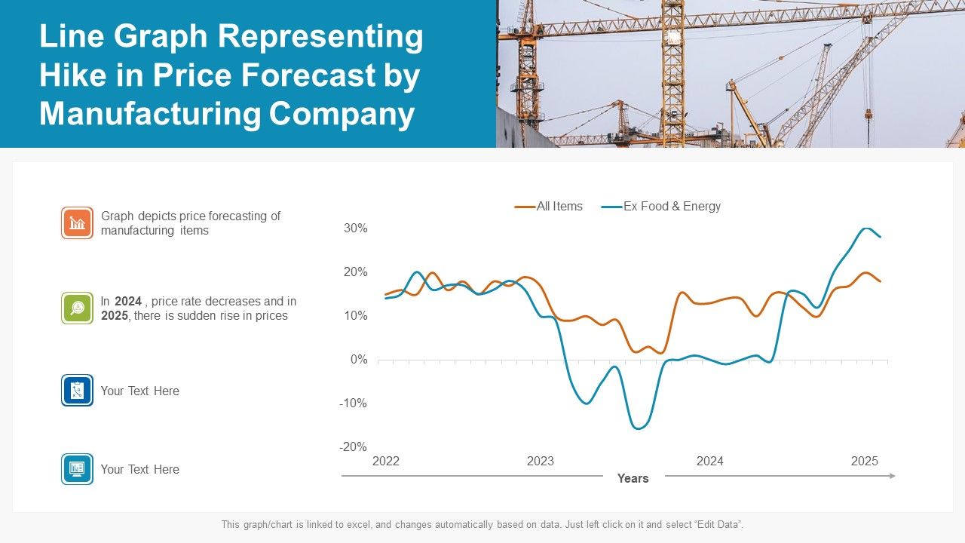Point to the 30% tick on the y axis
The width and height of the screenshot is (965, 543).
[355, 228]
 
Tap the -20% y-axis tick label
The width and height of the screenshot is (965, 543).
[352, 446]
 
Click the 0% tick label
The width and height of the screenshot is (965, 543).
[358, 360]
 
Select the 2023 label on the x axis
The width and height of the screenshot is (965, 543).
[540, 461]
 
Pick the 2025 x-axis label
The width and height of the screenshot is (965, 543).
[864, 461]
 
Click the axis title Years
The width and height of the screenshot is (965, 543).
[633, 478]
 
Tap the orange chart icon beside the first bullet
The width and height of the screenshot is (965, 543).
[77, 223]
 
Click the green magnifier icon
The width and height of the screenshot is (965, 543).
[77, 308]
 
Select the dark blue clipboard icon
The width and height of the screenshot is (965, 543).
[77, 390]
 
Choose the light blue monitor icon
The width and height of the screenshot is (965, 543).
[77, 468]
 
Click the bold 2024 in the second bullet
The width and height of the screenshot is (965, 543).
[128, 301]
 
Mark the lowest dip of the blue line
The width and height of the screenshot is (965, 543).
[638, 428]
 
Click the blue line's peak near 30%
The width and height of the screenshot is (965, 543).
[867, 228]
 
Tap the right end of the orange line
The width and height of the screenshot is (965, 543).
[880, 281]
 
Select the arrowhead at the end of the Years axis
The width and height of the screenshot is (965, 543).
[892, 476]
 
